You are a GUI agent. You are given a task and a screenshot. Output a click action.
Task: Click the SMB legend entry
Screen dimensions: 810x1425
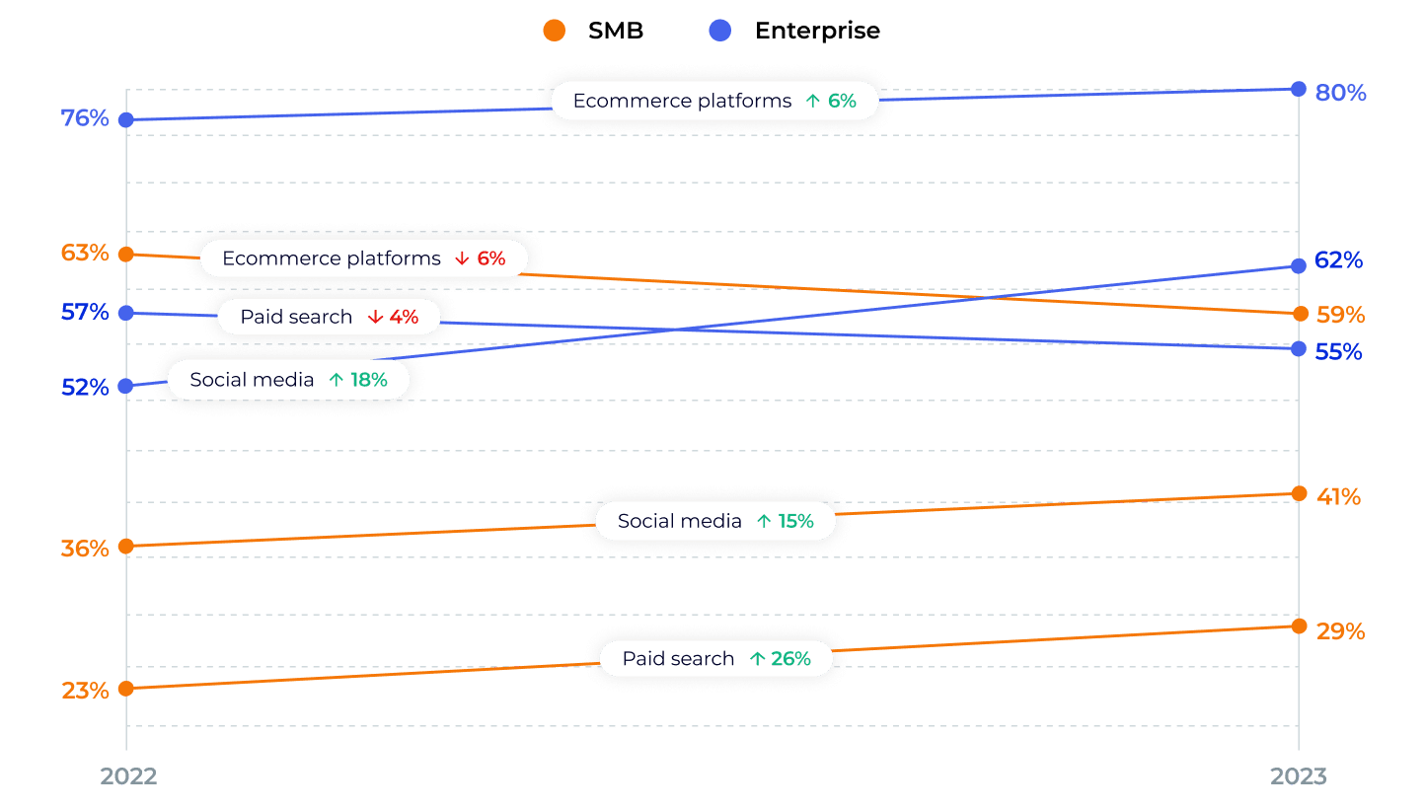(x=594, y=31)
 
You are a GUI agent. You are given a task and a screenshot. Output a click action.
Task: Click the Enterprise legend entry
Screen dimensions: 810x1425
(x=795, y=31)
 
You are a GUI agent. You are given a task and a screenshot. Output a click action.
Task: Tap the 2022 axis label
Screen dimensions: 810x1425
(x=128, y=776)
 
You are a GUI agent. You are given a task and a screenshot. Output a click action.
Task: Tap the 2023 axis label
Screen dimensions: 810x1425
(x=1299, y=776)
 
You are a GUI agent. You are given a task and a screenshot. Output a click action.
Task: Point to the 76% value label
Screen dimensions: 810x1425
(x=85, y=118)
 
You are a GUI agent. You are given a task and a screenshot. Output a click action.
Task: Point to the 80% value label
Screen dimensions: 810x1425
(x=1341, y=93)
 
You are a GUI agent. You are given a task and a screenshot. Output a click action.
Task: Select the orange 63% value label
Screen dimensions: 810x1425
(x=85, y=253)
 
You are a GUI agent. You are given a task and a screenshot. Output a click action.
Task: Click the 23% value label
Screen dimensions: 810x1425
(x=85, y=691)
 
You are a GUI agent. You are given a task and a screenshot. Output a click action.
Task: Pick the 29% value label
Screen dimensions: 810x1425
(x=1341, y=631)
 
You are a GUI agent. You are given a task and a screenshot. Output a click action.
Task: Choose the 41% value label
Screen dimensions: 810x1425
(x=1339, y=497)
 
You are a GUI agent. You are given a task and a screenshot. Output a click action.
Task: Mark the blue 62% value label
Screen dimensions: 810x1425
(x=1339, y=260)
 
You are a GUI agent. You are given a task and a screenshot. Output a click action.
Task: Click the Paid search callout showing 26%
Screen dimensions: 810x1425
(x=716, y=659)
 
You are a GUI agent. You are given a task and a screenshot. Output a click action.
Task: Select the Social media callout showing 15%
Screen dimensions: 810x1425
(x=715, y=521)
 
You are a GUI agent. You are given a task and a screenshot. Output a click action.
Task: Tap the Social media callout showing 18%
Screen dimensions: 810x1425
(x=288, y=380)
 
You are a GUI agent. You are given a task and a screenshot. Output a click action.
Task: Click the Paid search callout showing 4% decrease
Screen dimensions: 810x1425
(x=329, y=317)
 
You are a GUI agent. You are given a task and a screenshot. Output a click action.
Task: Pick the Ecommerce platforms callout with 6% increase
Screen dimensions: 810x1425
(x=714, y=101)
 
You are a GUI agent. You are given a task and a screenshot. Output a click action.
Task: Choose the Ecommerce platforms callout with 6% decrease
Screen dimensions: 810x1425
(x=363, y=258)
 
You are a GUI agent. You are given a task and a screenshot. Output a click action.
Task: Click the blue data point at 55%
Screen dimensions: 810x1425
(x=1299, y=349)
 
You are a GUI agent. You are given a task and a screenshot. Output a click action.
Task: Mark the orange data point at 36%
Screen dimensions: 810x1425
(x=126, y=547)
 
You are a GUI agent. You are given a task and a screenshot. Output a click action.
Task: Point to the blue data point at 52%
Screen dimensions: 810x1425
(x=126, y=386)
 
